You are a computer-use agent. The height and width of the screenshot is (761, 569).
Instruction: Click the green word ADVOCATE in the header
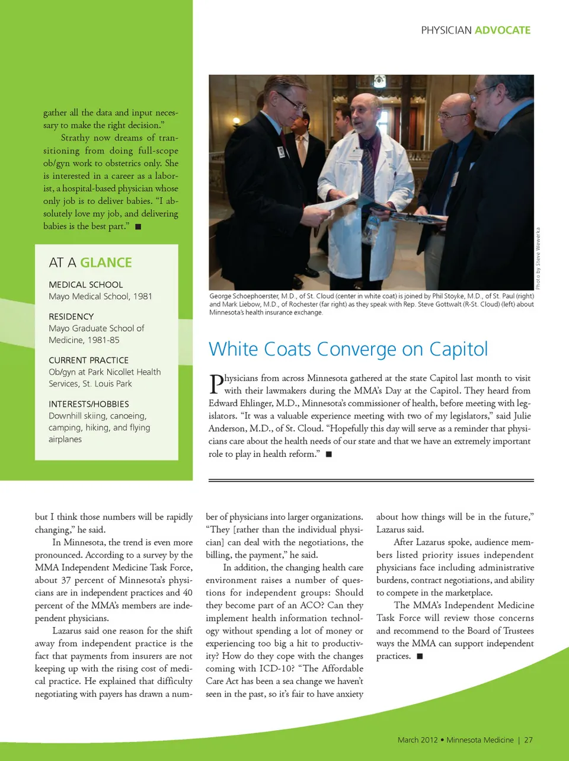tap(503, 30)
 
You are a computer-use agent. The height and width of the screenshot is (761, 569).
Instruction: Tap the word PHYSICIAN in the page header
tap(446, 30)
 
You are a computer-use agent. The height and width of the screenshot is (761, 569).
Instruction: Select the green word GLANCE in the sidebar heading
tap(106, 263)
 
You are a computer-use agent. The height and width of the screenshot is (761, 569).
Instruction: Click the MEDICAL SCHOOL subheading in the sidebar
tap(86, 284)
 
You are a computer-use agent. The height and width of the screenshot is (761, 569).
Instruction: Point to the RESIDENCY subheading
tap(71, 316)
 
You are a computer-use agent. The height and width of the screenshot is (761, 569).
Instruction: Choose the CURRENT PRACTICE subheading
tap(88, 360)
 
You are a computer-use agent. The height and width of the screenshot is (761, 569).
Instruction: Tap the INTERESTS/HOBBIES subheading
tap(88, 404)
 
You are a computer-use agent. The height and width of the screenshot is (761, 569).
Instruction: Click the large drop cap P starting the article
tap(216, 384)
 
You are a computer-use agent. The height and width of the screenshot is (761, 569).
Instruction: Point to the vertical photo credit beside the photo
tap(538, 258)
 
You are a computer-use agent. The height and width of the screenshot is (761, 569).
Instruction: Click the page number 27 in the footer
tap(528, 740)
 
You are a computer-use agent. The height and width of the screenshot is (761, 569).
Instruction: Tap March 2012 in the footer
tap(417, 740)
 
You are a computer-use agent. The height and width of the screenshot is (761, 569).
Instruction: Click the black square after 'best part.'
tap(138, 226)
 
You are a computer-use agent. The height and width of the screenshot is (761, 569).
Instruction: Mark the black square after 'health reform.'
tap(329, 454)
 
